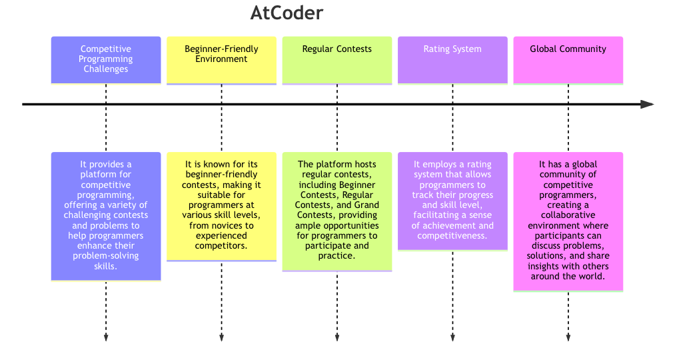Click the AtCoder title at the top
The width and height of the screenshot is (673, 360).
(x=287, y=13)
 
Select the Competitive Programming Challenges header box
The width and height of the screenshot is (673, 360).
(x=106, y=59)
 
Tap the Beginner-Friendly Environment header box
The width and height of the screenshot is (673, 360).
(x=221, y=59)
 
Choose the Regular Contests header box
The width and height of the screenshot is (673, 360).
(x=337, y=59)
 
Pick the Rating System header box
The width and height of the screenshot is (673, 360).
(x=452, y=59)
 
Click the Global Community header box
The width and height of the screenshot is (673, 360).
(x=568, y=59)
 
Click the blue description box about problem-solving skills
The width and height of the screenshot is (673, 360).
(x=106, y=216)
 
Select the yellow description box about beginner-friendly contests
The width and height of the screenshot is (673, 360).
(x=221, y=206)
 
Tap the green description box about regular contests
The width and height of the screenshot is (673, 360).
(x=337, y=211)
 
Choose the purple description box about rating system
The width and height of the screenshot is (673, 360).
(x=452, y=201)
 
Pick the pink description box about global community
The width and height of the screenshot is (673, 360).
(x=568, y=221)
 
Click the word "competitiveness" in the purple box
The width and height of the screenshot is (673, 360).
(x=452, y=235)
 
